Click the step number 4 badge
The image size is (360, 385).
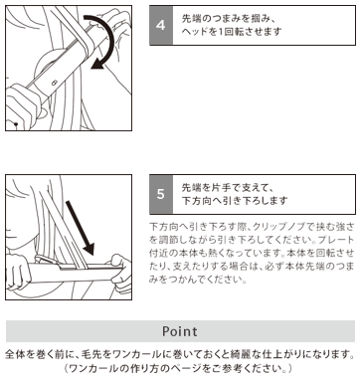(161, 25)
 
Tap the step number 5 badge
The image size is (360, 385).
(161, 194)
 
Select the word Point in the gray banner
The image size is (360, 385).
(180, 331)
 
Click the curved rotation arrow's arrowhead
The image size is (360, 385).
(98, 64)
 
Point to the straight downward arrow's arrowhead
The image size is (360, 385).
(88, 249)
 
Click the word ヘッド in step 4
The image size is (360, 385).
(193, 32)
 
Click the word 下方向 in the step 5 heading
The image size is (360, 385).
(198, 201)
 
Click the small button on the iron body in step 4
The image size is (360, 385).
(55, 82)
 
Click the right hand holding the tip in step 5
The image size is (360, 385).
(120, 273)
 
